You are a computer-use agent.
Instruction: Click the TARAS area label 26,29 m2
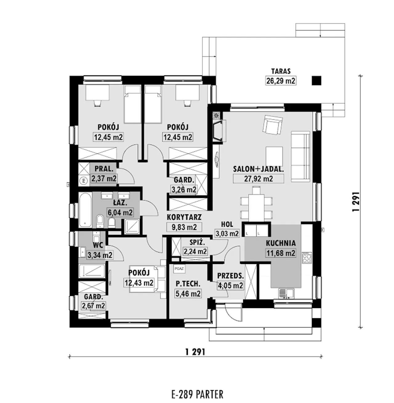280,81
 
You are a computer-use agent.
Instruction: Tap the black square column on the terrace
316,81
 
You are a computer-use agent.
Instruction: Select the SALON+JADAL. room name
258,169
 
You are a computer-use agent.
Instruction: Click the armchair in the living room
272,124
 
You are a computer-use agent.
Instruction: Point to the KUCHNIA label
281,243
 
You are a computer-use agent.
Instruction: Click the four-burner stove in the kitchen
307,257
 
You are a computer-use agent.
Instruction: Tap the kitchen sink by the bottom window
286,294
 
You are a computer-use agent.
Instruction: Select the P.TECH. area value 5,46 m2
188,294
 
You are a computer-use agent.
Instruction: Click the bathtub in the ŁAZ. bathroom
85,210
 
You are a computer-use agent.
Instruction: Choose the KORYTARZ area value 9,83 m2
184,227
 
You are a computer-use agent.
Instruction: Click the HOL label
227,224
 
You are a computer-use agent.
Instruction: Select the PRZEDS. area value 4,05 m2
230,286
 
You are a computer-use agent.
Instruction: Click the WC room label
98,246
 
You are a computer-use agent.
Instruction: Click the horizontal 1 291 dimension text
195,352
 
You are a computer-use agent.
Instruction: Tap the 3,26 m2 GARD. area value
184,189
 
